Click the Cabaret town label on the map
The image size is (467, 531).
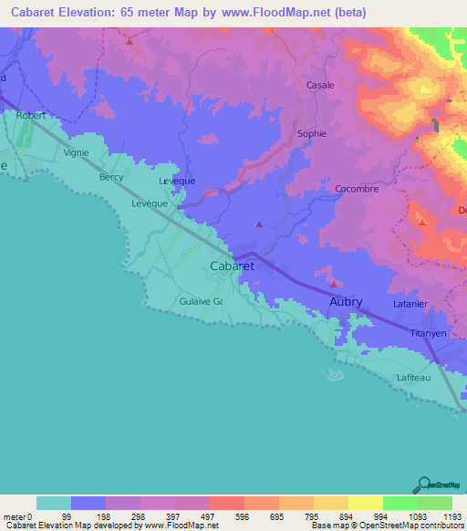[x=232, y=265]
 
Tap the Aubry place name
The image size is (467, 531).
[x=346, y=302]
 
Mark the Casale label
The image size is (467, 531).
[x=320, y=85]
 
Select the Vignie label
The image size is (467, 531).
[x=77, y=152]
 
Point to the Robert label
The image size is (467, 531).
[x=30, y=116]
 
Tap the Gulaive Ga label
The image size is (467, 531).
[x=201, y=300]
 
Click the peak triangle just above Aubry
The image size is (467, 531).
[x=322, y=271]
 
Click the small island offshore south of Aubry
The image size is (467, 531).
[x=333, y=374]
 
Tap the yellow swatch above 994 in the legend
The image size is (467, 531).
[x=365, y=503]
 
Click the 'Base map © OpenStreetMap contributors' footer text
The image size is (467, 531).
[x=386, y=526]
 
